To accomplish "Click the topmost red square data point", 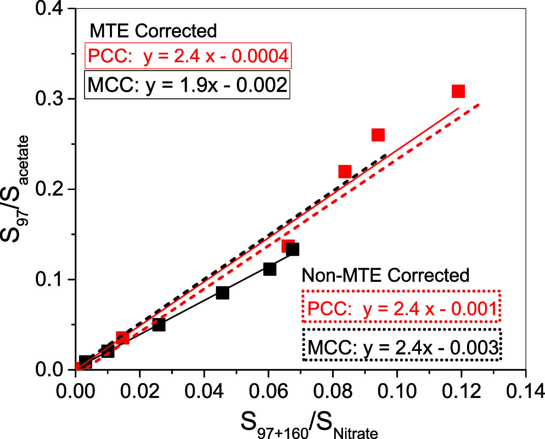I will click(x=458, y=91).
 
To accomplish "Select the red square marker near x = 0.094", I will click(x=378, y=135).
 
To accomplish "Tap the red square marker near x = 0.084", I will click(x=345, y=172).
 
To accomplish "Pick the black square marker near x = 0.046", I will click(x=223, y=293).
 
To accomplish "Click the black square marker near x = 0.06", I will click(x=270, y=269).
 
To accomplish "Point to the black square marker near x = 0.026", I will click(x=159, y=324).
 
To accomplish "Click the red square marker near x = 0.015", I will click(x=123, y=338).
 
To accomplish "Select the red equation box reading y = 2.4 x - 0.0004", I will click(x=188, y=56).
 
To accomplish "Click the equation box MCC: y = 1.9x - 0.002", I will click(x=187, y=85).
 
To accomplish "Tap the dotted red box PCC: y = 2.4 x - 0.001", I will click(x=401, y=306).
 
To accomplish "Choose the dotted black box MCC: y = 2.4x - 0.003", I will click(x=402, y=345).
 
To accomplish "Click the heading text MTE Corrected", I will click(x=153, y=31).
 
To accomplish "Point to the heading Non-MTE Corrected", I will click(x=385, y=275).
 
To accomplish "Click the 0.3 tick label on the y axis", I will click(x=49, y=99).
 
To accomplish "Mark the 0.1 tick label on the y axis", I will click(x=49, y=279).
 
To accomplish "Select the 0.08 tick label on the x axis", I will click(x=333, y=391).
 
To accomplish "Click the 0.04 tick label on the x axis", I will click(x=204, y=391).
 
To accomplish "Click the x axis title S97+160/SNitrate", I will click(x=309, y=424).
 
